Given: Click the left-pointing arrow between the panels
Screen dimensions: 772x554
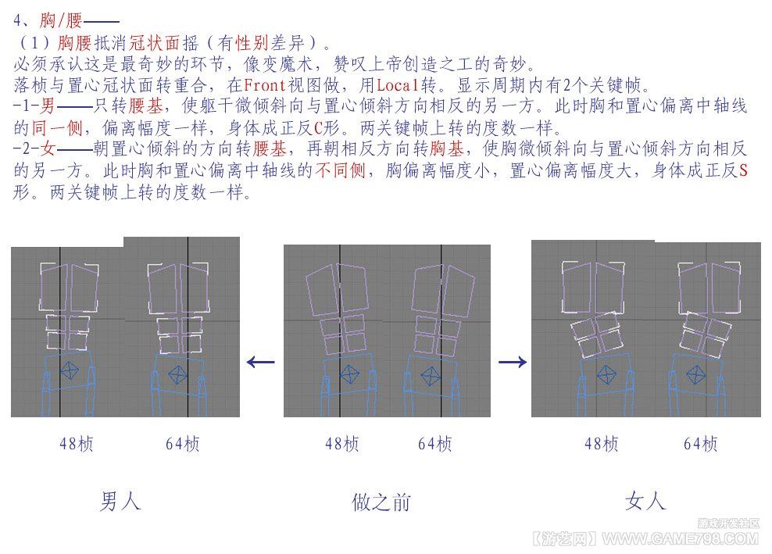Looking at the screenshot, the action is [x=260, y=363].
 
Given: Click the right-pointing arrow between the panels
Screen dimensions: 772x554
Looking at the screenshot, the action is [x=513, y=363].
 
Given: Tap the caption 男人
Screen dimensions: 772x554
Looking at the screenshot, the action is [x=121, y=502].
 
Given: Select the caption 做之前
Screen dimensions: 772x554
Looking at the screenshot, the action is [x=381, y=502].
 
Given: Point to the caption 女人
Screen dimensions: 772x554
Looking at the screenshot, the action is [x=645, y=502].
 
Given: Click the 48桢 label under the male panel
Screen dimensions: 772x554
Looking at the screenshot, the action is [x=77, y=444].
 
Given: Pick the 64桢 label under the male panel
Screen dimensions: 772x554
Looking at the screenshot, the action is [x=183, y=444].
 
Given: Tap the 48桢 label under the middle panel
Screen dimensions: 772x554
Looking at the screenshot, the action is [x=341, y=444].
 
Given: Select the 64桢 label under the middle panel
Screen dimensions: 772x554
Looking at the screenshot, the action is [x=434, y=444].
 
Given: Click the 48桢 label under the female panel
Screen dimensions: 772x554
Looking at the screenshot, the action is [x=601, y=444].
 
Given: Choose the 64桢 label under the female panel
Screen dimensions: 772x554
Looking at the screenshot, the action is [x=701, y=444].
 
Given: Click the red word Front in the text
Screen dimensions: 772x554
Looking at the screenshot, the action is [x=265, y=85].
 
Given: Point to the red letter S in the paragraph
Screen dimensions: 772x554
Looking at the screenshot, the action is [x=743, y=170].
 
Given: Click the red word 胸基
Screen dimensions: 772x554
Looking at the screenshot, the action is [x=447, y=148].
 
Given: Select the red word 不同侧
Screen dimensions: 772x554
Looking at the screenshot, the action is [x=340, y=170].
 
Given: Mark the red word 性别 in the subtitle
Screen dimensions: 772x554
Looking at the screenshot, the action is [x=252, y=43].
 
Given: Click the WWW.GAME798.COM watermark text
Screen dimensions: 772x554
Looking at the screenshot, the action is [x=680, y=538].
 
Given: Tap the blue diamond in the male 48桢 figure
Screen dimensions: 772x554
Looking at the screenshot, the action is [x=70, y=370].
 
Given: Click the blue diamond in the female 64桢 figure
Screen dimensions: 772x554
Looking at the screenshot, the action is [x=695, y=375].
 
